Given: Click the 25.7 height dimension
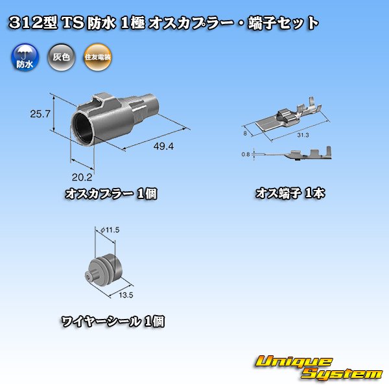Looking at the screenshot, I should click(40, 115).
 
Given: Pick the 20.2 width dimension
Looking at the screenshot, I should click(81, 176).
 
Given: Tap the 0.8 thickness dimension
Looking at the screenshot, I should click(244, 154).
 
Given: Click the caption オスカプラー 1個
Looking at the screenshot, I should click(112, 194).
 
